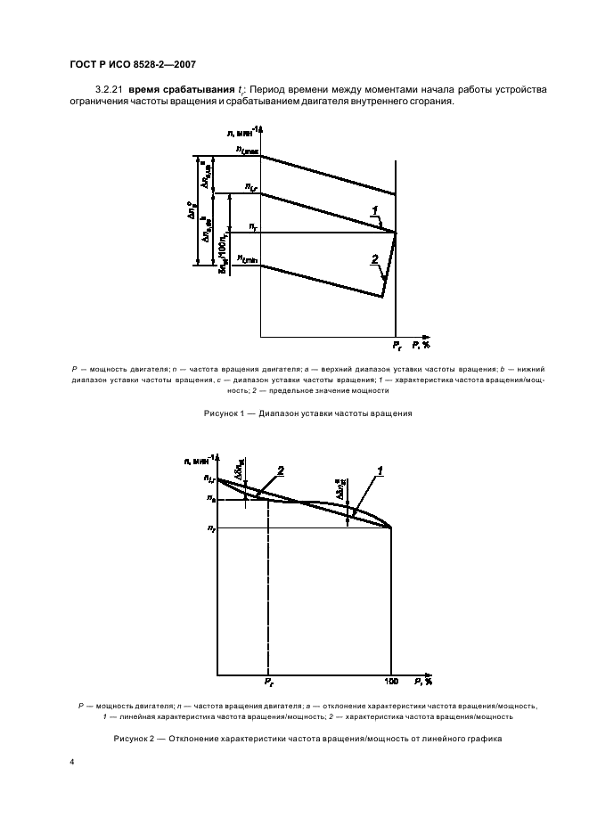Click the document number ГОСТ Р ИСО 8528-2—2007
pos(132,63)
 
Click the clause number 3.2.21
pos(107,90)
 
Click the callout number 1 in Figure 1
pos(376,210)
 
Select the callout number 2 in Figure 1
pos(375,258)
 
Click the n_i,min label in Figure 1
pos(247,260)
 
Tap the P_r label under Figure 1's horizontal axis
pos(397,345)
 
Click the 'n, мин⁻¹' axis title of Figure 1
pos(243,132)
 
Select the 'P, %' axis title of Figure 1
pos(422,345)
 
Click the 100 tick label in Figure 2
pos(391,682)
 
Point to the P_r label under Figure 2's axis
pos(267,682)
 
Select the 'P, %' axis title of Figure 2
pos(422,682)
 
